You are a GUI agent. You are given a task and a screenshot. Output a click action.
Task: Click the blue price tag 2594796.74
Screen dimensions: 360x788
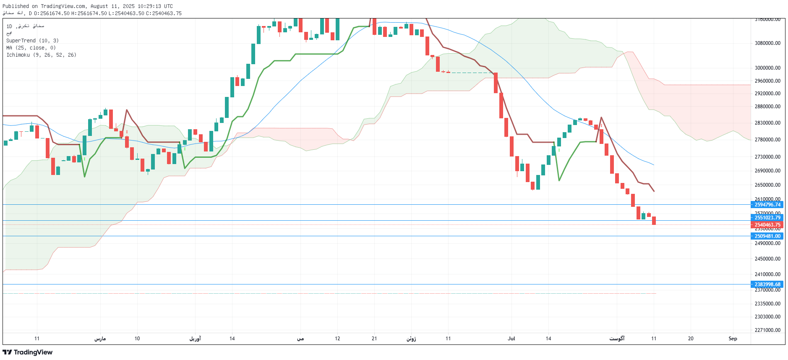pyautogui.click(x=767, y=205)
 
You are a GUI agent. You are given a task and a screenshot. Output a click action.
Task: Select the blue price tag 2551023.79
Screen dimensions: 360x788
pyautogui.click(x=767, y=218)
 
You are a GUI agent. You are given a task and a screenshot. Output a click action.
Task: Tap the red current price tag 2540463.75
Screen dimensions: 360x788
pyautogui.click(x=767, y=225)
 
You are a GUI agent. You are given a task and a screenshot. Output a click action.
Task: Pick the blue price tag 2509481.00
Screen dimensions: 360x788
pyautogui.click(x=767, y=236)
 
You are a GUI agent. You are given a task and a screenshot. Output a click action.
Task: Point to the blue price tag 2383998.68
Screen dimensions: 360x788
pyautogui.click(x=767, y=284)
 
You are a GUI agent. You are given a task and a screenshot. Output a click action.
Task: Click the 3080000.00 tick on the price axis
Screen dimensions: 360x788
pyautogui.click(x=767, y=43)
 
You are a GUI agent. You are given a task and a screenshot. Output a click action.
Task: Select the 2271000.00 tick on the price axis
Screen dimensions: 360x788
pyautogui.click(x=767, y=330)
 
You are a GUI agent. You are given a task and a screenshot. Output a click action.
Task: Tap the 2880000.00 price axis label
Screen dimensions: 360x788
pyautogui.click(x=767, y=107)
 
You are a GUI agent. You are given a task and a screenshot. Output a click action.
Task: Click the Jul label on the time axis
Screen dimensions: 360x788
pyautogui.click(x=511, y=339)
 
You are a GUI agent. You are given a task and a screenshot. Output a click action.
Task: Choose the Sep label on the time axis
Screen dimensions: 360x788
pyautogui.click(x=733, y=339)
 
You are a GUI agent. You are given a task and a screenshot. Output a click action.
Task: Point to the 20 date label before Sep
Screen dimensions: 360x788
pyautogui.click(x=691, y=339)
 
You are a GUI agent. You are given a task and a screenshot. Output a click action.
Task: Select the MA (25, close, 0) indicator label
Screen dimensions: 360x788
pyautogui.click(x=31, y=48)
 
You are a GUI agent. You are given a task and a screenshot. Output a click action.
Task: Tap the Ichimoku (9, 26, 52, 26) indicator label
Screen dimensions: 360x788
pyautogui.click(x=41, y=55)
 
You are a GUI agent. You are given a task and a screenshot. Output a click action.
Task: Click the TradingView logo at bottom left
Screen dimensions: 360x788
pyautogui.click(x=28, y=352)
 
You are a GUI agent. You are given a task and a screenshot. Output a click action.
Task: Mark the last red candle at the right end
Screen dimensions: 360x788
pyautogui.click(x=654, y=221)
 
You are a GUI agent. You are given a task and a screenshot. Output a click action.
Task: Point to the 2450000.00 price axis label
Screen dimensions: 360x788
pyautogui.click(x=767, y=259)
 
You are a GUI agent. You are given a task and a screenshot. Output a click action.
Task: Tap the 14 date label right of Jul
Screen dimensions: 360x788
pyautogui.click(x=548, y=339)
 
